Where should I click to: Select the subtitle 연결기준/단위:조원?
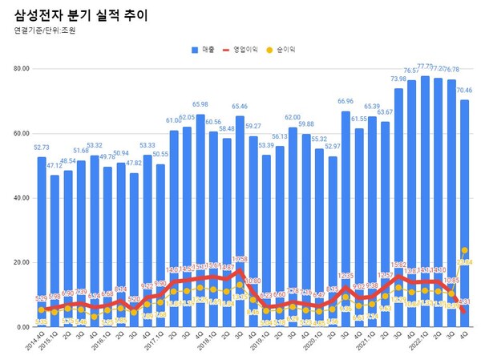(47, 32)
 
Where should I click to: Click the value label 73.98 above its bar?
(398, 79)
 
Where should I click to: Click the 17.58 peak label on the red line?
(240, 259)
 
